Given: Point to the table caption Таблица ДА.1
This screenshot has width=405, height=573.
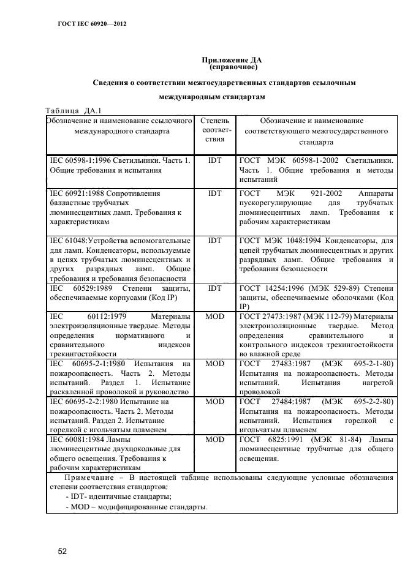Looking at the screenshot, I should [73, 111].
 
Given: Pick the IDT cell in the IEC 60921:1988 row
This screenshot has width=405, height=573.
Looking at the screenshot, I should [214, 193].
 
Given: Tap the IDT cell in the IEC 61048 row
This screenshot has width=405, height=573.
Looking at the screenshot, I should [214, 241].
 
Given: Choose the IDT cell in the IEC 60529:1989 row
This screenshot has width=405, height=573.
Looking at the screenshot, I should [214, 288].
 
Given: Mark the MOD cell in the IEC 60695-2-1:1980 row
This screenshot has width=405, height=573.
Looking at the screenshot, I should [214, 363].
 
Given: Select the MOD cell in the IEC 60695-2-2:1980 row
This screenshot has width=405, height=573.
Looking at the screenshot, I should [214, 402].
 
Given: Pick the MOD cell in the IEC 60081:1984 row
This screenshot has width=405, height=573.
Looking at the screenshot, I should [214, 440].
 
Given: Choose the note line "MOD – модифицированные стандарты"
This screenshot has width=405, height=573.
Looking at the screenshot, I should [136, 507].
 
